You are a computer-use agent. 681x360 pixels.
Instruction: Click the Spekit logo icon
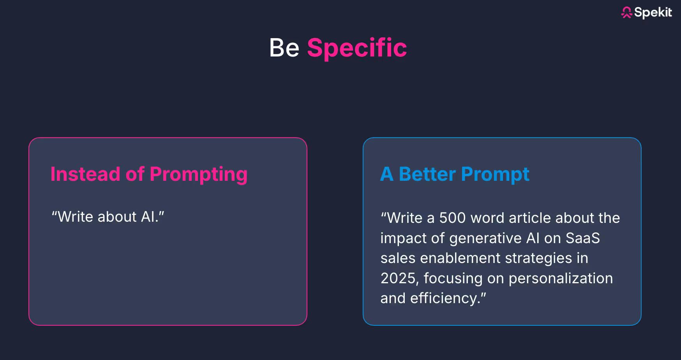(626, 12)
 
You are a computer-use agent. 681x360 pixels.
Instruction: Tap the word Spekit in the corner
(653, 12)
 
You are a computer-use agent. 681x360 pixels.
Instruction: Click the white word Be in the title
(284, 48)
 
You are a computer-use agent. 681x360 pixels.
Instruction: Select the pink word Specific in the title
(357, 48)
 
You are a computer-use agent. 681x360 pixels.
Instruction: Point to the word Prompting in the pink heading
(199, 175)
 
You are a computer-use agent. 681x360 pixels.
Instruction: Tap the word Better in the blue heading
(427, 174)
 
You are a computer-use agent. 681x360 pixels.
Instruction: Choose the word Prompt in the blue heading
(495, 175)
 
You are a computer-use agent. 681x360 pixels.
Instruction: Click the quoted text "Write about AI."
(108, 217)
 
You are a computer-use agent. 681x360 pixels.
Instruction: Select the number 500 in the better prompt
(452, 218)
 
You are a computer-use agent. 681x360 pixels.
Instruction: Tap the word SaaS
(583, 238)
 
